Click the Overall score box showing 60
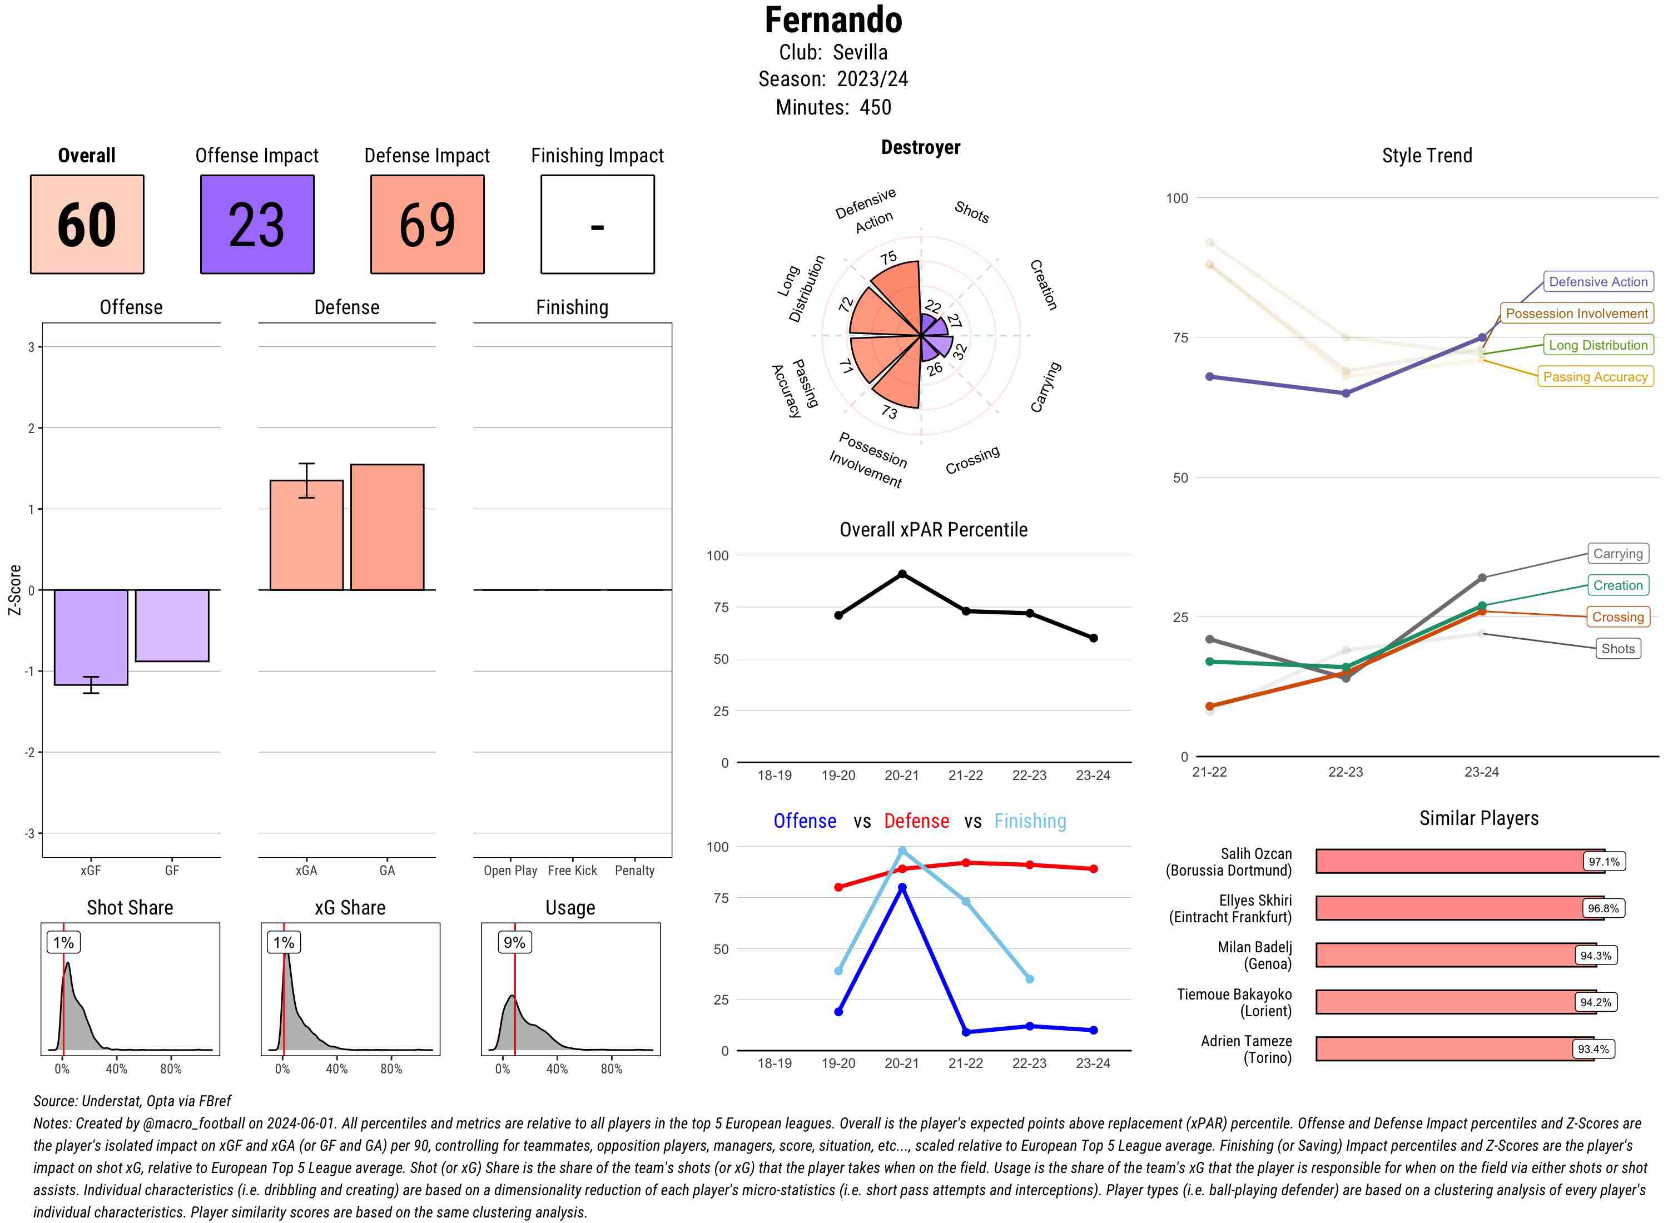(x=87, y=225)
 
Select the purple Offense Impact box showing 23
(x=257, y=225)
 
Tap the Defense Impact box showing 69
(x=427, y=225)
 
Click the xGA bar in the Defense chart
(x=306, y=535)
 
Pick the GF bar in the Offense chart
(x=172, y=625)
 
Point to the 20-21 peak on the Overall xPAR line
(x=902, y=574)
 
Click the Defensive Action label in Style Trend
(x=1598, y=282)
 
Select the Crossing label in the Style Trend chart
(x=1617, y=617)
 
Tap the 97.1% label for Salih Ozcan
(x=1604, y=862)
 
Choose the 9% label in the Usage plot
(x=514, y=942)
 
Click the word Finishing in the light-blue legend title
(x=1030, y=821)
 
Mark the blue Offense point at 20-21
(x=902, y=888)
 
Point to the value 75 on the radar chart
(x=888, y=257)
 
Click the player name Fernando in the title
(x=833, y=20)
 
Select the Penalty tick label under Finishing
(x=634, y=871)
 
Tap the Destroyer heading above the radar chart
(x=920, y=147)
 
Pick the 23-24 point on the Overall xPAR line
(x=1093, y=638)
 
